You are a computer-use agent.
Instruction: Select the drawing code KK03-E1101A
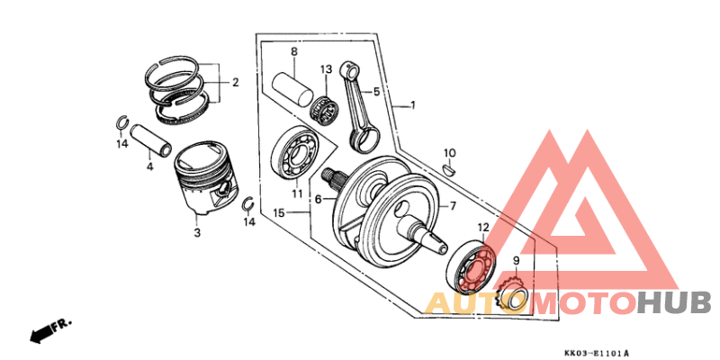(x=597, y=353)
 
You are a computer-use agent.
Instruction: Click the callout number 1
(x=413, y=105)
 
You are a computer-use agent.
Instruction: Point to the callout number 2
(x=235, y=83)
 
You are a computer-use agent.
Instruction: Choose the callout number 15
(x=280, y=212)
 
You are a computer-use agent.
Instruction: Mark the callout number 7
(x=454, y=205)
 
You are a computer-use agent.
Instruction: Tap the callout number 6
(x=318, y=199)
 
